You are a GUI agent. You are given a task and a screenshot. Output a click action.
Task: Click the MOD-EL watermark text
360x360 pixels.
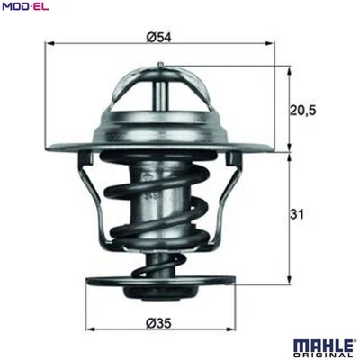coord(24,7)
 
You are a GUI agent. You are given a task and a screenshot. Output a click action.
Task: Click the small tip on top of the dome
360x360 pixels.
coord(160,63)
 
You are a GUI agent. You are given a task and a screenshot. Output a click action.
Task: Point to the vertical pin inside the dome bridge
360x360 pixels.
coord(160,94)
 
